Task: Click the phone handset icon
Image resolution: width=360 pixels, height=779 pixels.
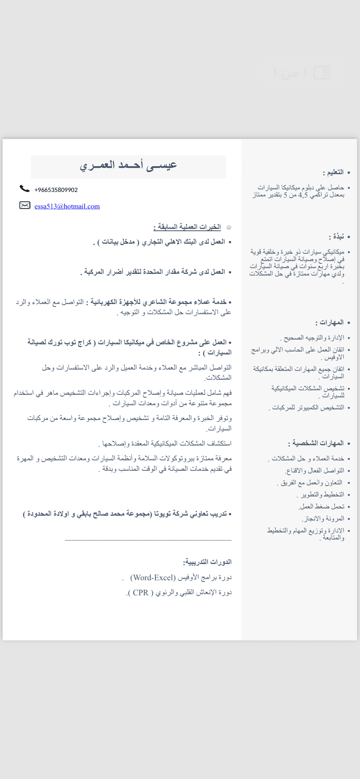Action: point(25,189)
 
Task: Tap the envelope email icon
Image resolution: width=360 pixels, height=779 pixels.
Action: point(25,205)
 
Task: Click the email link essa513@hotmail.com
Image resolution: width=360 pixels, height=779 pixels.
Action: point(67,206)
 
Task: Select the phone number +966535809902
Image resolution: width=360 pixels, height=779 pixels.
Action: point(56,190)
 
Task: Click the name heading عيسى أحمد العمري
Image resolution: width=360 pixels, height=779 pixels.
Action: point(128,166)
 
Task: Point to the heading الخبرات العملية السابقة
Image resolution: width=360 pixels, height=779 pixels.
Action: point(187,227)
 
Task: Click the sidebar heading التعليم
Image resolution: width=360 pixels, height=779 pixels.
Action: point(333,173)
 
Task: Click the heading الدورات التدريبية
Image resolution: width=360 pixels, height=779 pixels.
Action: point(207,562)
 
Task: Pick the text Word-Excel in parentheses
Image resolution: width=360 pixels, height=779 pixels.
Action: point(153,578)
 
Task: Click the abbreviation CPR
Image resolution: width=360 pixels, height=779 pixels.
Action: point(141,593)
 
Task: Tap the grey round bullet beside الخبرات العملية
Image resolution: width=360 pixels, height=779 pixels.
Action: point(229,227)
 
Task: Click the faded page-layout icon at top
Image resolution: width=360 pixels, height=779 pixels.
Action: point(322,73)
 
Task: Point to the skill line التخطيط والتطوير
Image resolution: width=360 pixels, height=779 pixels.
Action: point(321,494)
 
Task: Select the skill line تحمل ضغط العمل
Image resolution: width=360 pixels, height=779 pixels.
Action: point(322,506)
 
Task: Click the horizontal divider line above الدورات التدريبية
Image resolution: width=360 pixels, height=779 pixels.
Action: point(148,540)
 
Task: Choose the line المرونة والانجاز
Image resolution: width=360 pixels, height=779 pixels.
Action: point(323,519)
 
